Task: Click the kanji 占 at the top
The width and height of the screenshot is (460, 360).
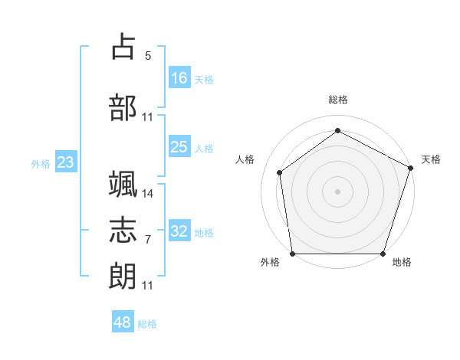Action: pyautogui.click(x=123, y=49)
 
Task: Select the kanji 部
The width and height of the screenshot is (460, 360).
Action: pyautogui.click(x=123, y=108)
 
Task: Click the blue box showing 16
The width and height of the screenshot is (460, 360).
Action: pyautogui.click(x=179, y=77)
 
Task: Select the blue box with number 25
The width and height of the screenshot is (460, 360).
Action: pyautogui.click(x=179, y=147)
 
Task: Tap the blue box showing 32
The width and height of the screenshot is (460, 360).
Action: pyautogui.click(x=179, y=232)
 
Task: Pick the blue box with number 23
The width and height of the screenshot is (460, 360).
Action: pyautogui.click(x=65, y=162)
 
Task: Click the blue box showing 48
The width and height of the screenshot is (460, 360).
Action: pyautogui.click(x=123, y=322)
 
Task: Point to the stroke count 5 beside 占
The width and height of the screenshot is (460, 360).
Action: pyautogui.click(x=148, y=56)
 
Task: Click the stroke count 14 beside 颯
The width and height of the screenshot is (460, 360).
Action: pyautogui.click(x=148, y=194)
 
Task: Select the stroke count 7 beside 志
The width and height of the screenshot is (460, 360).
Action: pyautogui.click(x=148, y=239)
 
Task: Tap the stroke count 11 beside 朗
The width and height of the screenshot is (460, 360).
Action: pyautogui.click(x=148, y=285)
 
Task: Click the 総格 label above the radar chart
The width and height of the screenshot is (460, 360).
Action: pyautogui.click(x=337, y=100)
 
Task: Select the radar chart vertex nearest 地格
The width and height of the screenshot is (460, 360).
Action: pyautogui.click(x=383, y=254)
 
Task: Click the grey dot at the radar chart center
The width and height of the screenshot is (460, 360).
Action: pyautogui.click(x=337, y=191)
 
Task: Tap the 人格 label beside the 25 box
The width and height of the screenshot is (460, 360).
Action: pyautogui.click(x=204, y=148)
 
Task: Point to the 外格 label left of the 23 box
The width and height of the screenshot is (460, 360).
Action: pyautogui.click(x=41, y=163)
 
